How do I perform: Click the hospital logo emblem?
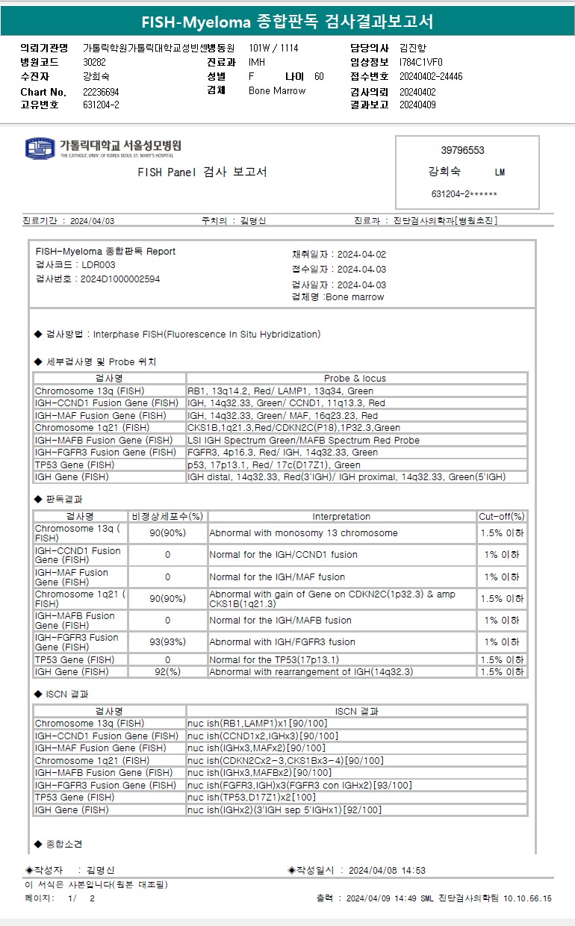click(x=40, y=148)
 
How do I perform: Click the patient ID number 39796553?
click(x=462, y=150)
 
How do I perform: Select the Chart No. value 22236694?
click(x=101, y=92)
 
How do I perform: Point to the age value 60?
click(x=319, y=77)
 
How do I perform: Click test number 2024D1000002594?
click(x=120, y=279)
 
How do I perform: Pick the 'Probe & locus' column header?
click(x=355, y=379)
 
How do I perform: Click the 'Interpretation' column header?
click(x=341, y=517)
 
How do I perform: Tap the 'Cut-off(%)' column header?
click(x=502, y=517)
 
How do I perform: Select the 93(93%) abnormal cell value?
click(x=167, y=642)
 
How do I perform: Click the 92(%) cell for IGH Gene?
click(x=167, y=672)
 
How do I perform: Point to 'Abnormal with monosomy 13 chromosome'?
click(x=303, y=533)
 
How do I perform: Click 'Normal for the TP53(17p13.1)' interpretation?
click(x=274, y=660)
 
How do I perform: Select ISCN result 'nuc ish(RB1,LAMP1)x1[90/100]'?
click(x=256, y=724)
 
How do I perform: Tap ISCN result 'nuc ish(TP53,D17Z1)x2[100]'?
click(x=252, y=798)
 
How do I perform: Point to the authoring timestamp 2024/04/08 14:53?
click(x=387, y=871)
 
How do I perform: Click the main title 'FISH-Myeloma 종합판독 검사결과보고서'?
click(x=287, y=21)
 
